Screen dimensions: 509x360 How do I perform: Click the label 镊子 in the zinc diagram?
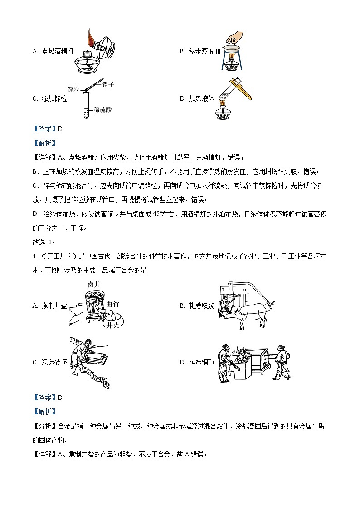108,84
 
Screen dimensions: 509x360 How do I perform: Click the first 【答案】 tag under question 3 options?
44,128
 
